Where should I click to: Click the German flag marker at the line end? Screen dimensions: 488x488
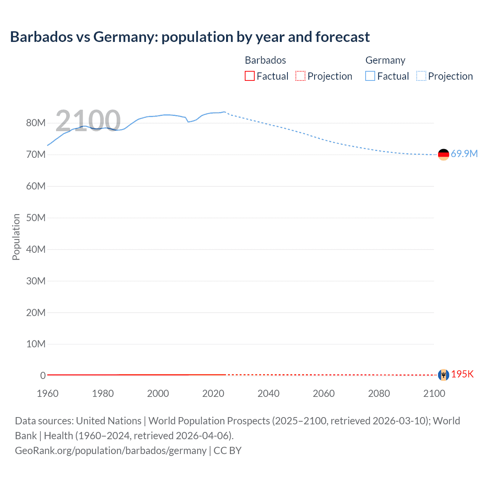[443, 154]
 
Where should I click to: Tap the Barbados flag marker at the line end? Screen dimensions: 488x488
[443, 375]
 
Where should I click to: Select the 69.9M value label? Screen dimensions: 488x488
[464, 154]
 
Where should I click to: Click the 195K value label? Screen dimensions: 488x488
[462, 374]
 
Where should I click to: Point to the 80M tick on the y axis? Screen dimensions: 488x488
[36, 123]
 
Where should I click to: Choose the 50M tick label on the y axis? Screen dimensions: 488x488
[36, 218]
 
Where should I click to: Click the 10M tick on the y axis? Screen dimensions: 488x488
[36, 344]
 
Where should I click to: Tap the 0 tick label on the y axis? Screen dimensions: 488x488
[43, 376]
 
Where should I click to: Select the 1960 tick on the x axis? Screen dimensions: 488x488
[48, 393]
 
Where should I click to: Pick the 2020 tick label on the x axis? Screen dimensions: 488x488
[213, 393]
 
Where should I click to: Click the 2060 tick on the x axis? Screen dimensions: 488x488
[324, 393]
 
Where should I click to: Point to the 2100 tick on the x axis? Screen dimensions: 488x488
[434, 393]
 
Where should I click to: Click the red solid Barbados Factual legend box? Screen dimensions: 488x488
[249, 76]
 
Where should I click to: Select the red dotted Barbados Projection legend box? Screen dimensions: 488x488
[300, 76]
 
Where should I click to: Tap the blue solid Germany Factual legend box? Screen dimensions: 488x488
[370, 76]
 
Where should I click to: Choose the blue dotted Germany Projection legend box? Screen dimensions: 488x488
[421, 76]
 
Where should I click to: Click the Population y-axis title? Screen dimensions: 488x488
[16, 237]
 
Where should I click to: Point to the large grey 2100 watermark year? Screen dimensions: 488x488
[88, 120]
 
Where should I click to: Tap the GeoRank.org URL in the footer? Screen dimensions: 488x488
[111, 451]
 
